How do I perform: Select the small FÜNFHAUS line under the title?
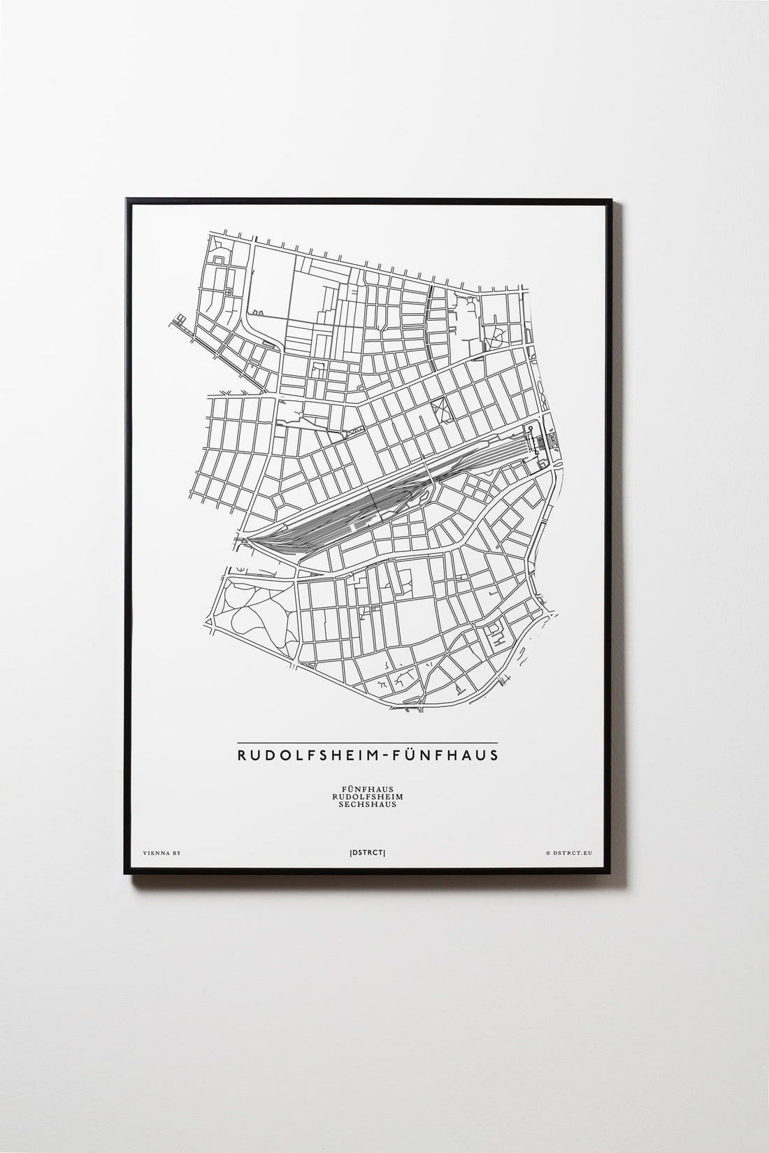click(x=367, y=789)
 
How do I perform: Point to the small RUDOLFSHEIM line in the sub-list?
click(x=367, y=797)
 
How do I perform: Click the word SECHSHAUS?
click(x=367, y=804)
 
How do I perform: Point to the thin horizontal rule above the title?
click(x=367, y=742)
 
